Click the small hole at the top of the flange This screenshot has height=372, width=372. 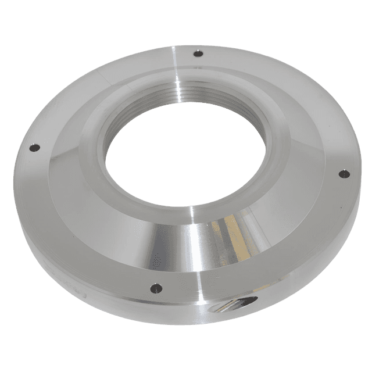(197, 54)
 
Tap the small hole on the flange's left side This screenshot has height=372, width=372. (34, 148)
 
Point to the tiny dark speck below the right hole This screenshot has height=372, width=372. (343, 192)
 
